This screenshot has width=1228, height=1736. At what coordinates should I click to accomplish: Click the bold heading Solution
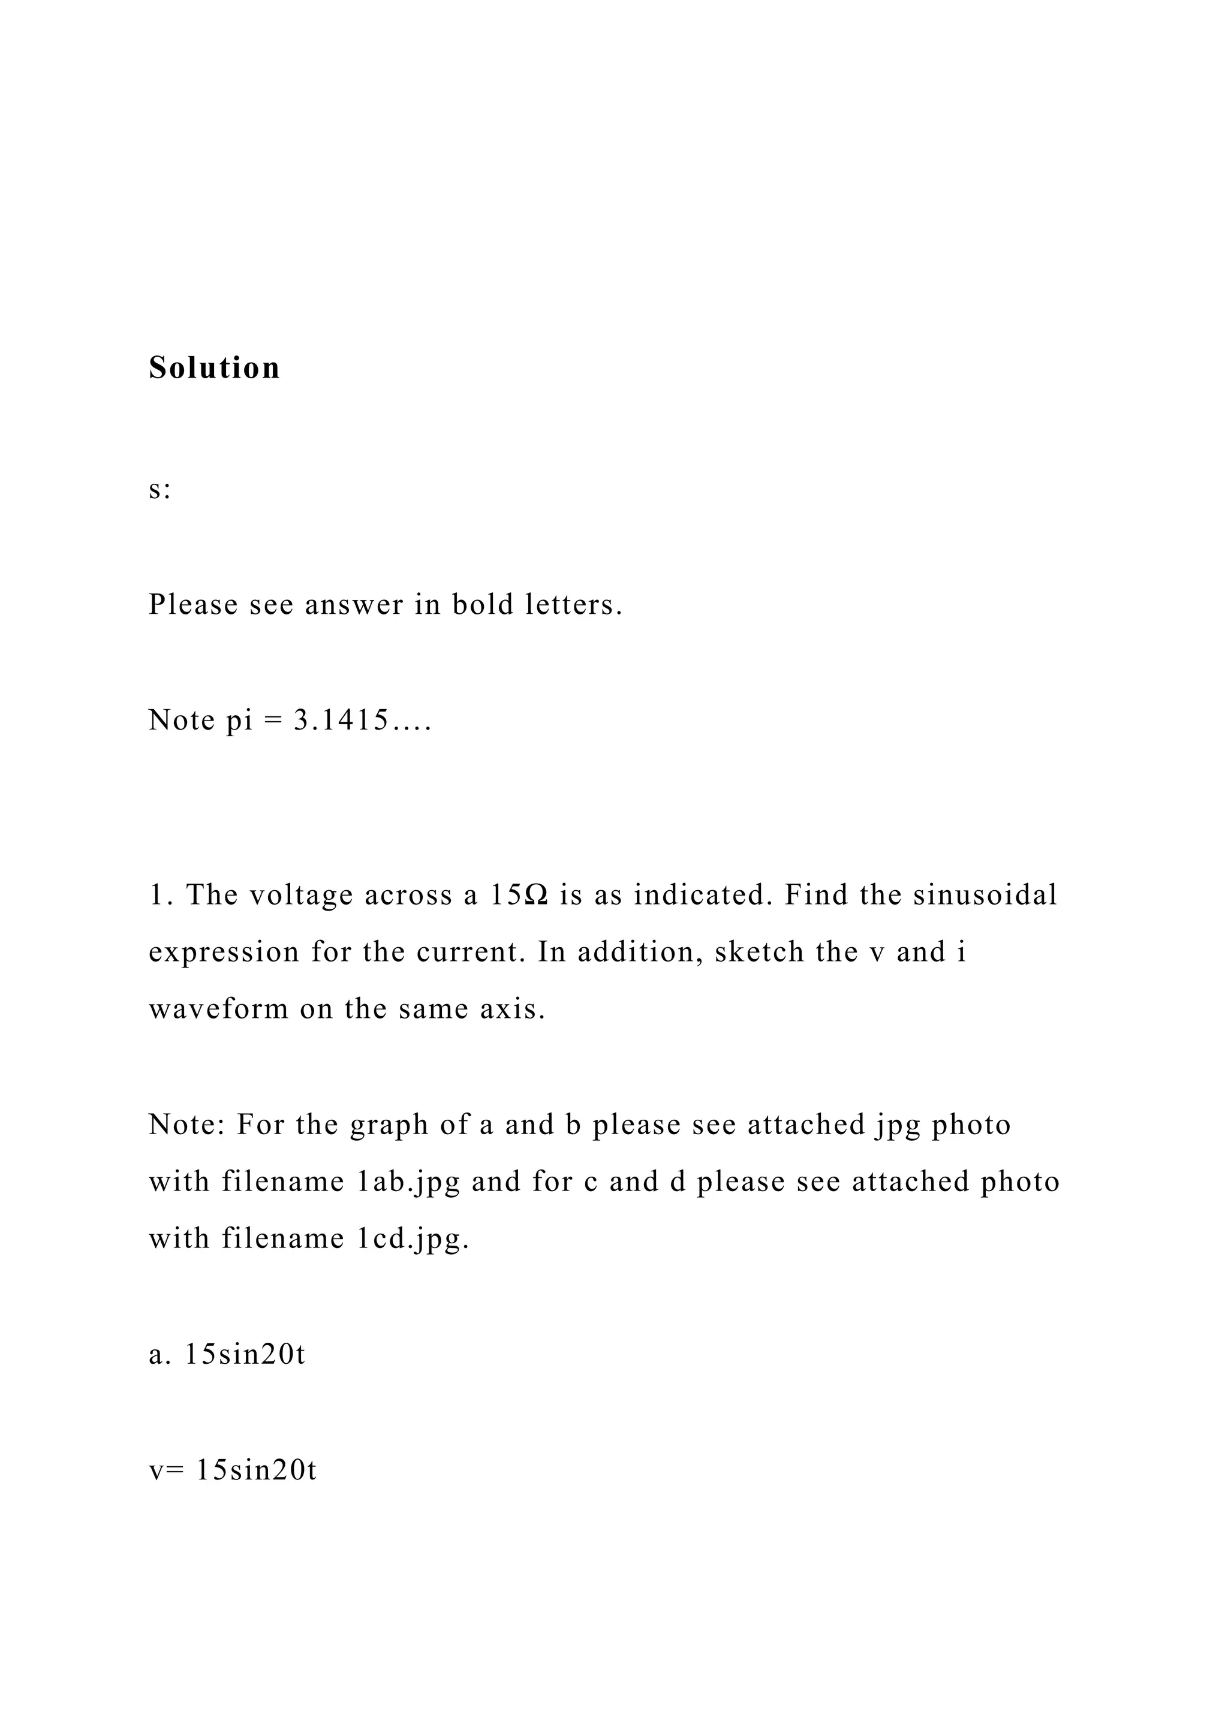214,368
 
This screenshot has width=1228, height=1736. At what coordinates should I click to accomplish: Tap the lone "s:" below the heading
159,490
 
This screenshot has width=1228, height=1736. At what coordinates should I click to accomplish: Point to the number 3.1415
342,721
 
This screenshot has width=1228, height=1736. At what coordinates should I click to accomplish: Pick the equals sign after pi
272,721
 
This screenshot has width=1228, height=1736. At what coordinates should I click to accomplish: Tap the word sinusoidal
985,895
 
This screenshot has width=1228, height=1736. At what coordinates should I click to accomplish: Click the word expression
224,952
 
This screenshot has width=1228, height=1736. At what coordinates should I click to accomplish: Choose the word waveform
218,1009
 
